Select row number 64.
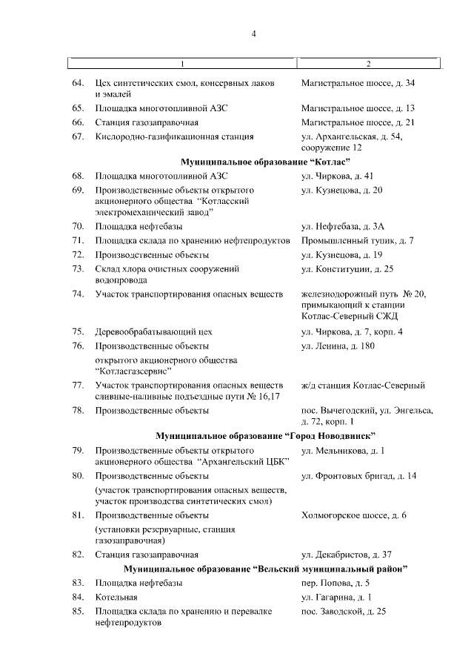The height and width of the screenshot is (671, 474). [78, 82]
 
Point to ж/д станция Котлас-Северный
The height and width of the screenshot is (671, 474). [363, 386]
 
